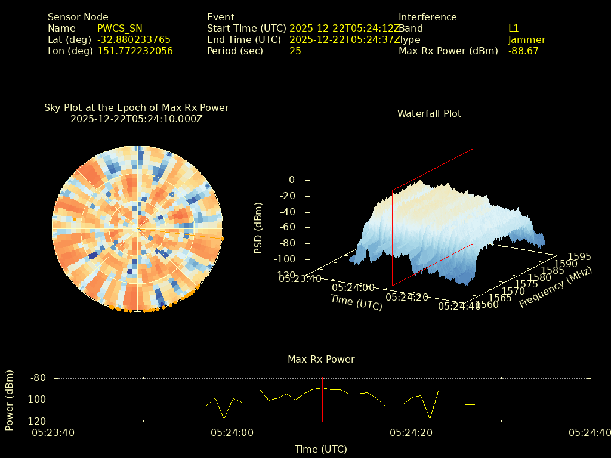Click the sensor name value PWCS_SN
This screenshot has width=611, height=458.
coord(120,29)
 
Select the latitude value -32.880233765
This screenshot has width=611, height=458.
coord(134,40)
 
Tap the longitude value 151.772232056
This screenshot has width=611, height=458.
coord(135,51)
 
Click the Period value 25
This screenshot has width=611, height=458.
coord(295,51)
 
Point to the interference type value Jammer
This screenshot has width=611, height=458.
coord(527,40)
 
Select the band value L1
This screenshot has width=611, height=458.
coord(514,29)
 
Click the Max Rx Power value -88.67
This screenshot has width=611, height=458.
coord(523,51)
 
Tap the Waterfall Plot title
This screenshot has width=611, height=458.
coord(429,113)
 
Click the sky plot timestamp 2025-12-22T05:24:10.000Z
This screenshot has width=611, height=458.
coord(137,119)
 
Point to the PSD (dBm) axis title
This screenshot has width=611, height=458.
coord(258,228)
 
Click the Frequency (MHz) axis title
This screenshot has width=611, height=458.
coord(556,287)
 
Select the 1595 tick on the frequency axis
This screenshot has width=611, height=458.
coord(580,257)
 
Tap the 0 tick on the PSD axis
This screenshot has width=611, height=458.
coord(292,180)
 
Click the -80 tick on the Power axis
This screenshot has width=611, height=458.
coord(39,378)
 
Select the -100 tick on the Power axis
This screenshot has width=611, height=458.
coord(36,400)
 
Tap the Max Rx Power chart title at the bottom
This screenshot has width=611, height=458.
coord(321,360)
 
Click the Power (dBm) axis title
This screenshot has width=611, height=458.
coord(10,400)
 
